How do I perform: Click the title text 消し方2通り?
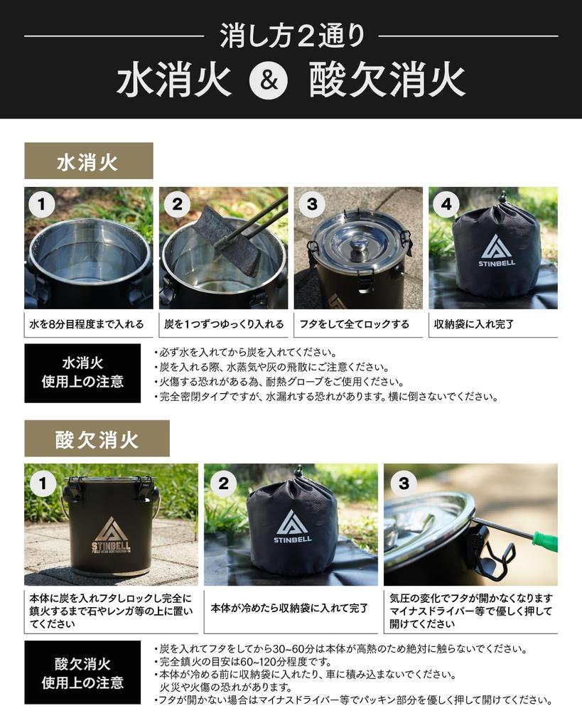click(291, 35)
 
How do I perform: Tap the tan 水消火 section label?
click(88, 161)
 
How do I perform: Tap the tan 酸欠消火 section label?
click(97, 439)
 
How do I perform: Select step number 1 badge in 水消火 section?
click(41, 205)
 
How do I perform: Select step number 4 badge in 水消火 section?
click(446, 205)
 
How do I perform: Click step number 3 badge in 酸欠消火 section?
click(403, 483)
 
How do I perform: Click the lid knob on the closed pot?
click(360, 245)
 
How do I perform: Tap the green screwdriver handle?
click(545, 541)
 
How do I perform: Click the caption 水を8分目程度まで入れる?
click(87, 324)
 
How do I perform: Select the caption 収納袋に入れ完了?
click(474, 324)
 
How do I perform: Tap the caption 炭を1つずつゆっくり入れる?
click(223, 324)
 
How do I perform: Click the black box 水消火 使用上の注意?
click(82, 373)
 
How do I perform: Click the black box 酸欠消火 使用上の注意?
click(82, 673)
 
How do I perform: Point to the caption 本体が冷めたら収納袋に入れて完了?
click(290, 609)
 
